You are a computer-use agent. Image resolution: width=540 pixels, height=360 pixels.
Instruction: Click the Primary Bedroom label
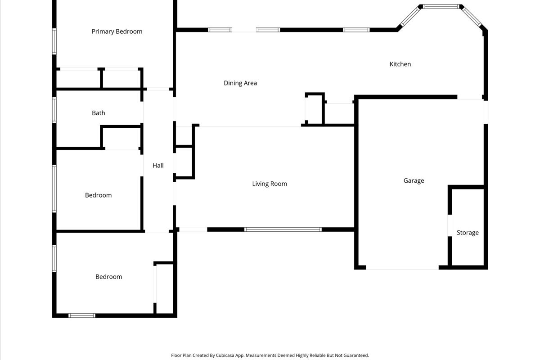117,31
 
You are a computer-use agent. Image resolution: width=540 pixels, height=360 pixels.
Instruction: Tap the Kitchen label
400,64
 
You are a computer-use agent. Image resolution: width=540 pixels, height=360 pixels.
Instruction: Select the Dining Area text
240,83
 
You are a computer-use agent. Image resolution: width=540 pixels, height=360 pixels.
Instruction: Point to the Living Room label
270,184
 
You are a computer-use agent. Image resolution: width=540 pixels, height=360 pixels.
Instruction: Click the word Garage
414,181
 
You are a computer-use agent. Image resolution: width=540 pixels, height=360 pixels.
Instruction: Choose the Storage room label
468,233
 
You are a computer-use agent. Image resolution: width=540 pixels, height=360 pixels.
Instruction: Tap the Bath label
99,113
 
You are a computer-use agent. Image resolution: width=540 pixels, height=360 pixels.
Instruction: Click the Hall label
158,166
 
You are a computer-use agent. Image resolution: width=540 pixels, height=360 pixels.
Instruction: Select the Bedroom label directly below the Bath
98,195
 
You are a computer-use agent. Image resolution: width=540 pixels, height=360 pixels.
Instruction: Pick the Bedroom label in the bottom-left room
108,277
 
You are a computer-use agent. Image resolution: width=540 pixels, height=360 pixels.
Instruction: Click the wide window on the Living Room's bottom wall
283,229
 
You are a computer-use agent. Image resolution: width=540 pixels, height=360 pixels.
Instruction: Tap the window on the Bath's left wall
54,110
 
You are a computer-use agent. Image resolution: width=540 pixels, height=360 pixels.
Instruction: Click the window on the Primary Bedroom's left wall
54,41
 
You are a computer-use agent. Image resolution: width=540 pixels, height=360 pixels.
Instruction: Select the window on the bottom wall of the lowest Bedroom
82,315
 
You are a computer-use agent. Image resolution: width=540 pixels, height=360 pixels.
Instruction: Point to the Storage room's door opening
450,226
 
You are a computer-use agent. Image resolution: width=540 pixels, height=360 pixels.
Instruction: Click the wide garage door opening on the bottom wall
402,268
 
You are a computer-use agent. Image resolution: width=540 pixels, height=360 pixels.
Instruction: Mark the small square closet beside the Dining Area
315,109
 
